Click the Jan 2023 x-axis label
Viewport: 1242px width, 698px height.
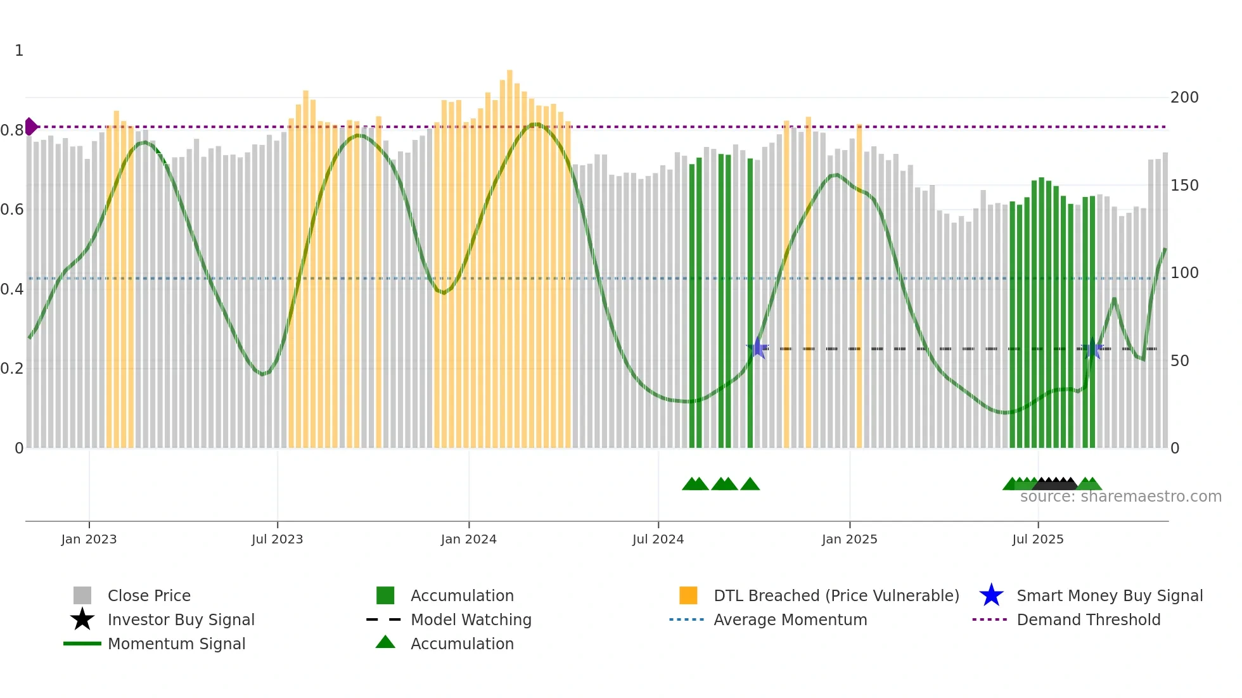click(x=89, y=539)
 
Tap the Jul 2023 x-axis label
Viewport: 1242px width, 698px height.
click(x=277, y=539)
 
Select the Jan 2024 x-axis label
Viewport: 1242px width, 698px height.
click(x=468, y=539)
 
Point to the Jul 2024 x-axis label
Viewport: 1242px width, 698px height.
click(x=658, y=539)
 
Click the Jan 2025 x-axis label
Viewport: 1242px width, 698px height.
click(x=849, y=539)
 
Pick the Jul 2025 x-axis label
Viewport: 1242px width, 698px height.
click(x=1037, y=539)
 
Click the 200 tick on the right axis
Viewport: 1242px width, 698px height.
click(x=1184, y=98)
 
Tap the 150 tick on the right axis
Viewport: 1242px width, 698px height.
click(x=1184, y=186)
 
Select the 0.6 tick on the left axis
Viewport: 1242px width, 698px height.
click(x=12, y=210)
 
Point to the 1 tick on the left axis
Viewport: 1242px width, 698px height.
click(x=19, y=51)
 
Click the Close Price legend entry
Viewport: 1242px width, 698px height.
click(x=149, y=595)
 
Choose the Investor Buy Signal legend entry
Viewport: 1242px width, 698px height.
click(x=181, y=619)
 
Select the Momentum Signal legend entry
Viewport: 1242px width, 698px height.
click(x=176, y=644)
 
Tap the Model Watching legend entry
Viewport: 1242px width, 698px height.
click(x=471, y=619)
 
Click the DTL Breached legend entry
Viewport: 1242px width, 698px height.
click(x=836, y=595)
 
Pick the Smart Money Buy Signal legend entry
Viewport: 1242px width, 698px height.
click(x=1110, y=595)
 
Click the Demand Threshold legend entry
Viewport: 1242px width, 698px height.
click(x=1088, y=619)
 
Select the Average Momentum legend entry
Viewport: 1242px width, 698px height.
click(x=790, y=619)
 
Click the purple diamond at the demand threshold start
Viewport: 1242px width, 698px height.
click(x=30, y=127)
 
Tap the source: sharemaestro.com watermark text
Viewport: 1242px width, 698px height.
click(x=1120, y=497)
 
